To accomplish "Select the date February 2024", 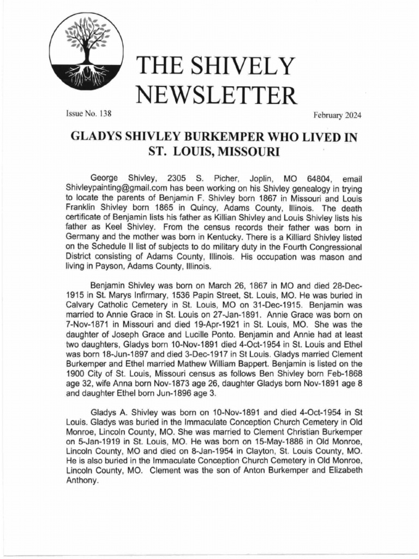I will [337, 115].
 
